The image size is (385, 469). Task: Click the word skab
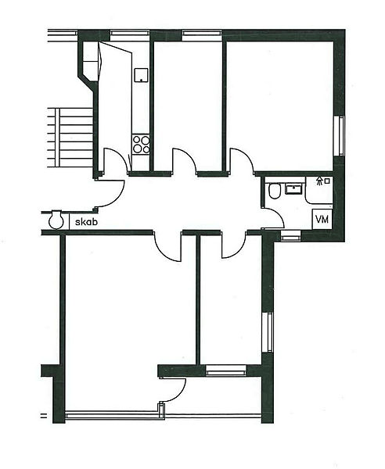(86, 222)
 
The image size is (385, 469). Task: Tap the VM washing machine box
(322, 219)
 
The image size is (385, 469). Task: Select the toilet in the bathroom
(274, 191)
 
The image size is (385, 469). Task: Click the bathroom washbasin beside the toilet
(293, 189)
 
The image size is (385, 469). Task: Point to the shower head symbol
(320, 181)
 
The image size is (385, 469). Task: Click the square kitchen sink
(141, 75)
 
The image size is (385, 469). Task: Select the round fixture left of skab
(56, 220)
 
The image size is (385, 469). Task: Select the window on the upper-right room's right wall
(341, 136)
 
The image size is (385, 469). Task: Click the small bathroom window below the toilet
(291, 237)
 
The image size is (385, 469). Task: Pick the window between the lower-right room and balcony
(226, 370)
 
